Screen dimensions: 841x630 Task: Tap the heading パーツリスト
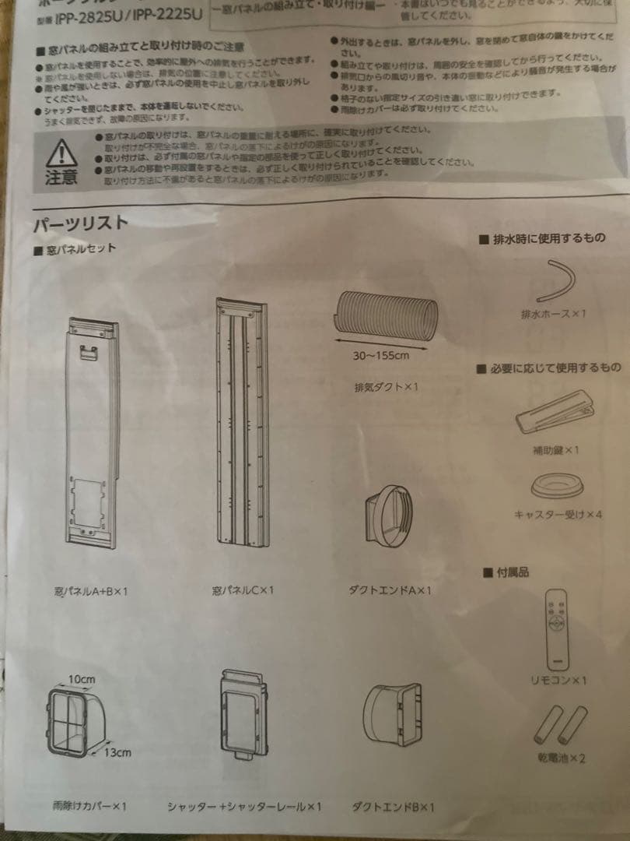80,223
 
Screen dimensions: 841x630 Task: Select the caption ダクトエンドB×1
394,807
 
